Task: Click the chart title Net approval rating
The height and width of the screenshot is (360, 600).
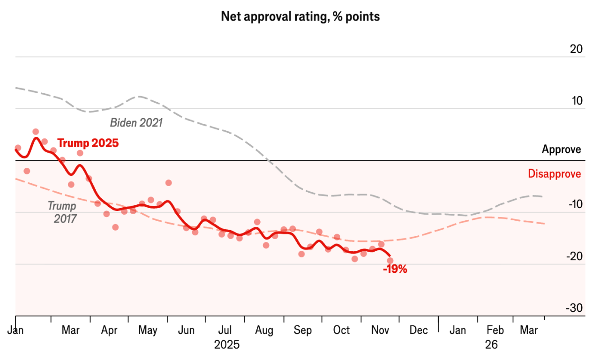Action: click(x=300, y=17)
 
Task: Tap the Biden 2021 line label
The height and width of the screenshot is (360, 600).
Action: click(x=136, y=123)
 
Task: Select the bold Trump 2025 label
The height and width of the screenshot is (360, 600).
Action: click(x=88, y=143)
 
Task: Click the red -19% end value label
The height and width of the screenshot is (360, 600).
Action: click(x=395, y=270)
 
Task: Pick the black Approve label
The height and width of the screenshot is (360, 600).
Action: click(x=561, y=150)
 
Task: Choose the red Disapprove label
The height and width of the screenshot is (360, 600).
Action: click(x=554, y=174)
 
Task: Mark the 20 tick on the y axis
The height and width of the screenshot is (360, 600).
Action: click(x=577, y=49)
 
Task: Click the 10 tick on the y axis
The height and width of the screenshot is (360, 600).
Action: click(x=577, y=101)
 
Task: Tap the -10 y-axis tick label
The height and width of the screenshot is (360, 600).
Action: click(x=575, y=205)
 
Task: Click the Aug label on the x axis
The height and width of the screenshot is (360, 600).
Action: click(x=264, y=330)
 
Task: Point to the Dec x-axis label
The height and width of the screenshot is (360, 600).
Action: click(x=418, y=330)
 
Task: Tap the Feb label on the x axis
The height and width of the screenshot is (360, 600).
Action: click(x=495, y=330)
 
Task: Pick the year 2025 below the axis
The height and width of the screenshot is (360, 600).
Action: click(x=227, y=345)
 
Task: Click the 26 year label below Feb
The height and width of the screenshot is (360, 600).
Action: click(x=491, y=345)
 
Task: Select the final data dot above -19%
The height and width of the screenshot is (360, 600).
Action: click(x=390, y=261)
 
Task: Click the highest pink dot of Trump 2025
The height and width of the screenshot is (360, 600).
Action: click(x=36, y=132)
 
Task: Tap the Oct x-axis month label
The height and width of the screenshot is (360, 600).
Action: click(x=341, y=330)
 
